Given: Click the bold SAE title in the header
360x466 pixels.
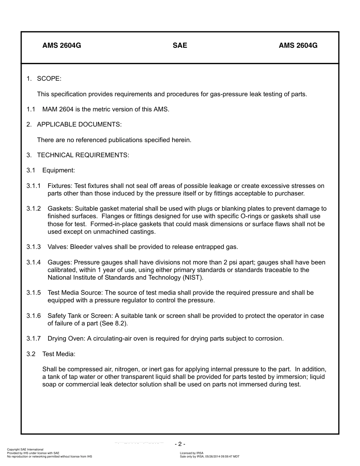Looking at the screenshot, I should click(x=180, y=45).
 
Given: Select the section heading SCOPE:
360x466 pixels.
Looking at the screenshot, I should click(x=49, y=78).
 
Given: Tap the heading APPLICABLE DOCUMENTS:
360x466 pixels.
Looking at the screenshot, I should click(x=79, y=124).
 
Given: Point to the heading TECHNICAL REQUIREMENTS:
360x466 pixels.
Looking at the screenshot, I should click(x=83, y=155).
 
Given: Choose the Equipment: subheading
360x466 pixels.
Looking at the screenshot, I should click(x=58, y=170).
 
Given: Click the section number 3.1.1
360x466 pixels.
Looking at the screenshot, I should click(x=33, y=186).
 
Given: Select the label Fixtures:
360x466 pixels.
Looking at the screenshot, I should click(x=60, y=186).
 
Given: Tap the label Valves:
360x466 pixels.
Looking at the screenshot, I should click(x=58, y=247).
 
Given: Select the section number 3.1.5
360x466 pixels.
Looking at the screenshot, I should click(x=33, y=293).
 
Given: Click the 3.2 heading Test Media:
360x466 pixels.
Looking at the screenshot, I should click(x=59, y=354).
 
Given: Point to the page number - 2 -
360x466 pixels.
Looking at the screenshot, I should click(x=180, y=444).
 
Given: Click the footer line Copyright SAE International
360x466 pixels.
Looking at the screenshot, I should click(x=25, y=450).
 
